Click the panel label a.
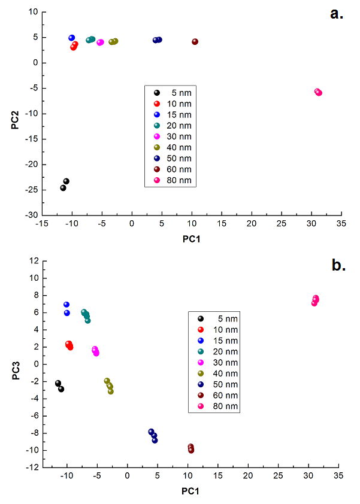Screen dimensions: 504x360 pyautogui.click(x=337, y=14)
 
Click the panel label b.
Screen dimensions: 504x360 pyautogui.click(x=339, y=265)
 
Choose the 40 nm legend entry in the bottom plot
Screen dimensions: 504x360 pyautogui.click(x=222, y=374)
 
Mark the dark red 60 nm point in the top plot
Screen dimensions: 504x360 pyautogui.click(x=195, y=41)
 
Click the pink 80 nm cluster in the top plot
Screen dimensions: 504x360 pyautogui.click(x=318, y=92)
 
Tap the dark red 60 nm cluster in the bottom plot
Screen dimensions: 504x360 pyautogui.click(x=191, y=449)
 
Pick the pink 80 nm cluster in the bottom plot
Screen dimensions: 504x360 pyautogui.click(x=315, y=300)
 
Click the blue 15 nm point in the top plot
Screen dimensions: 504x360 pyautogui.click(x=72, y=38)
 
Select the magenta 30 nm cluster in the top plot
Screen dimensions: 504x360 pyautogui.click(x=100, y=42)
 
